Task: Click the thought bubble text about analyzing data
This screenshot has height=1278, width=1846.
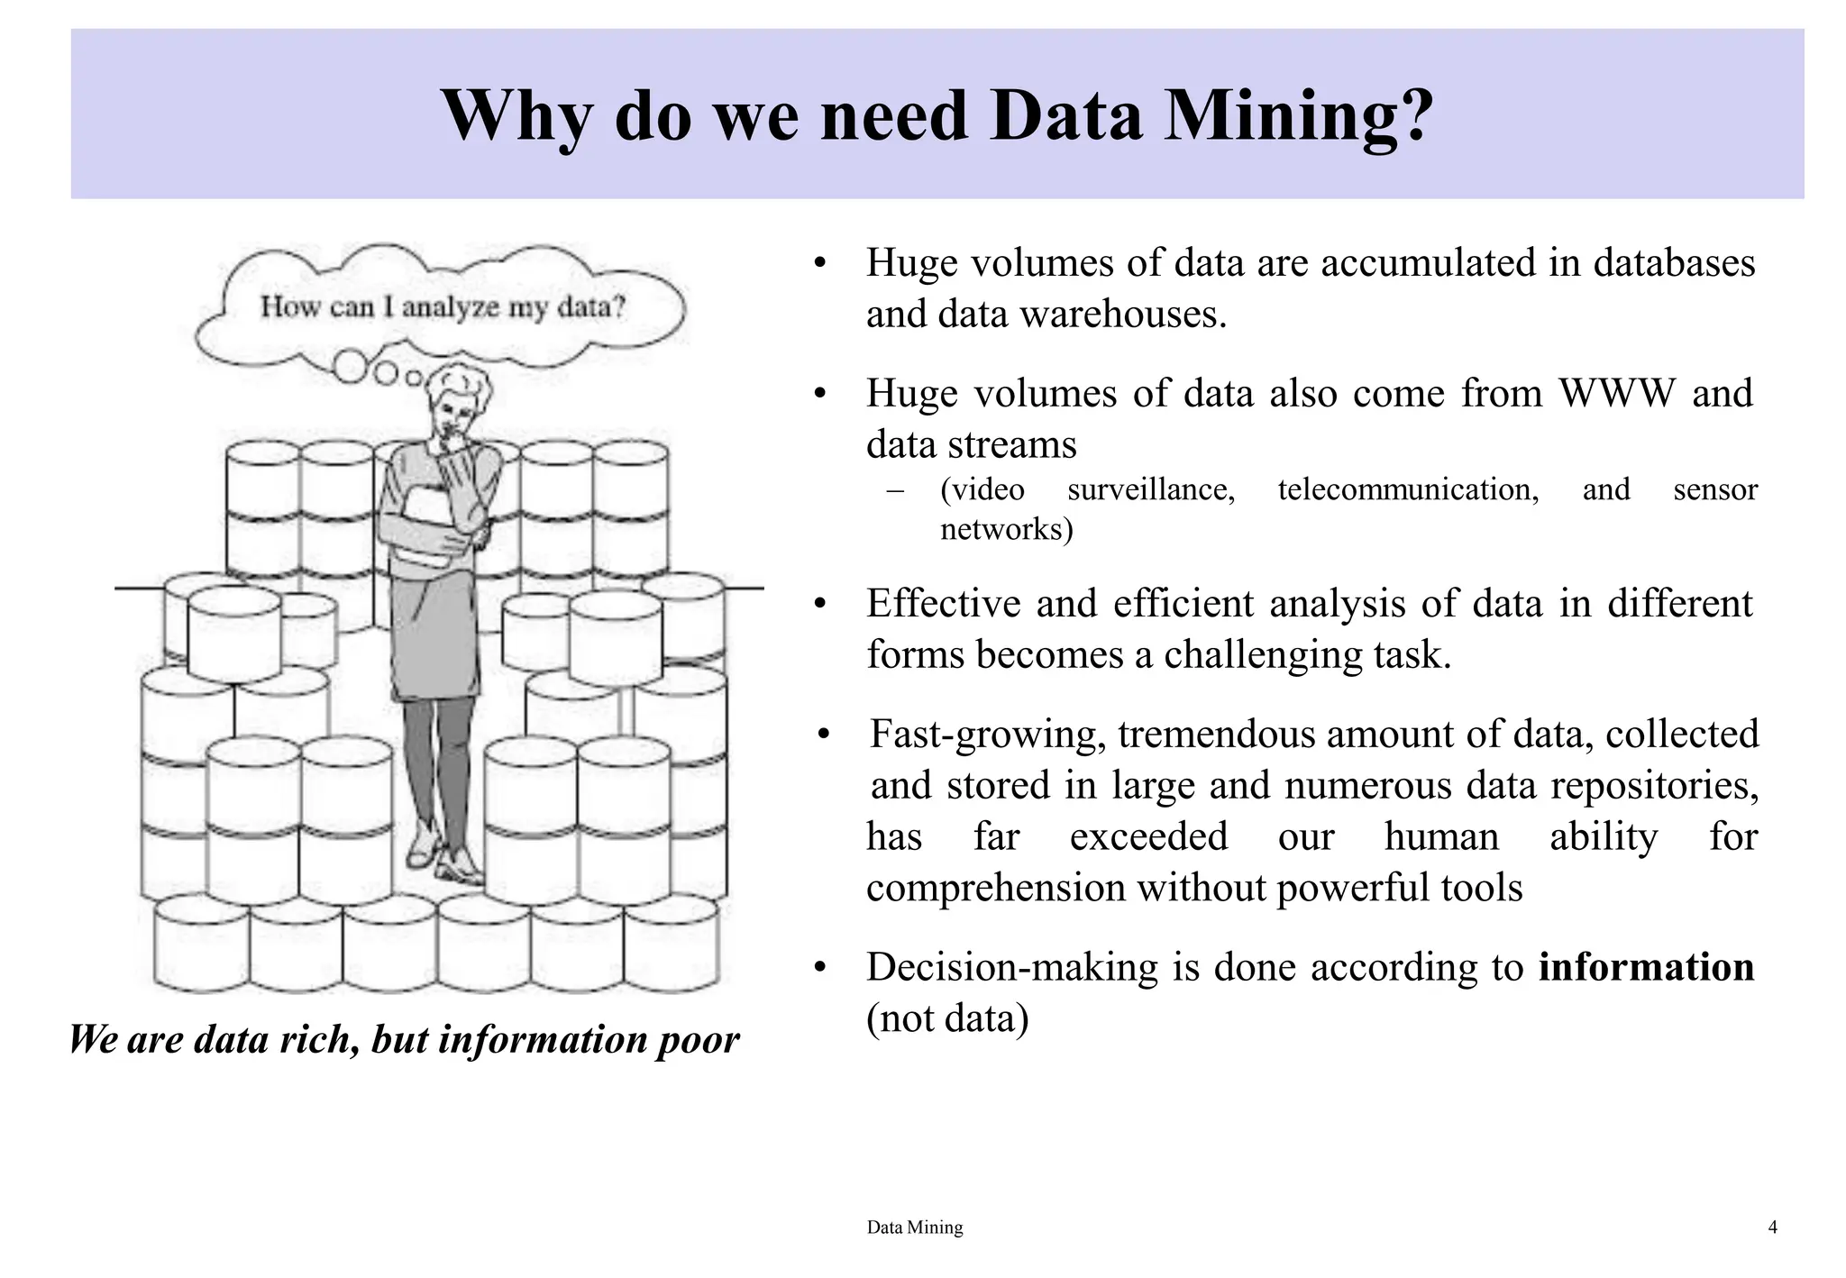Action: (443, 307)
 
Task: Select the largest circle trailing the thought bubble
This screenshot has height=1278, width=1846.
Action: (351, 367)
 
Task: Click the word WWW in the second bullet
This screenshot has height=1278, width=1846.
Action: (1617, 394)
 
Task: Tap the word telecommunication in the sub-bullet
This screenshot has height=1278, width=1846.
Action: (1408, 489)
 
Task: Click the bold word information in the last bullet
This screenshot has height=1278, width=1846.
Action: (1646, 967)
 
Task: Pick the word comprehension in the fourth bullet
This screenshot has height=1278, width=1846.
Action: (995, 888)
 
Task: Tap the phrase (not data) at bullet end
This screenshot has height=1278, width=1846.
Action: (946, 1018)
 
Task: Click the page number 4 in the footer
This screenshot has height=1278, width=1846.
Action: (1772, 1227)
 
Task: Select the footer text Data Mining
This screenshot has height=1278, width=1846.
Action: (914, 1227)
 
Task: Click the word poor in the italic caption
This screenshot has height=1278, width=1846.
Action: (698, 1040)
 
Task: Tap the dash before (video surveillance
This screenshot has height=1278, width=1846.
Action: (895, 490)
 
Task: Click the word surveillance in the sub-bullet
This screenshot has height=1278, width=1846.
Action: (1150, 489)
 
